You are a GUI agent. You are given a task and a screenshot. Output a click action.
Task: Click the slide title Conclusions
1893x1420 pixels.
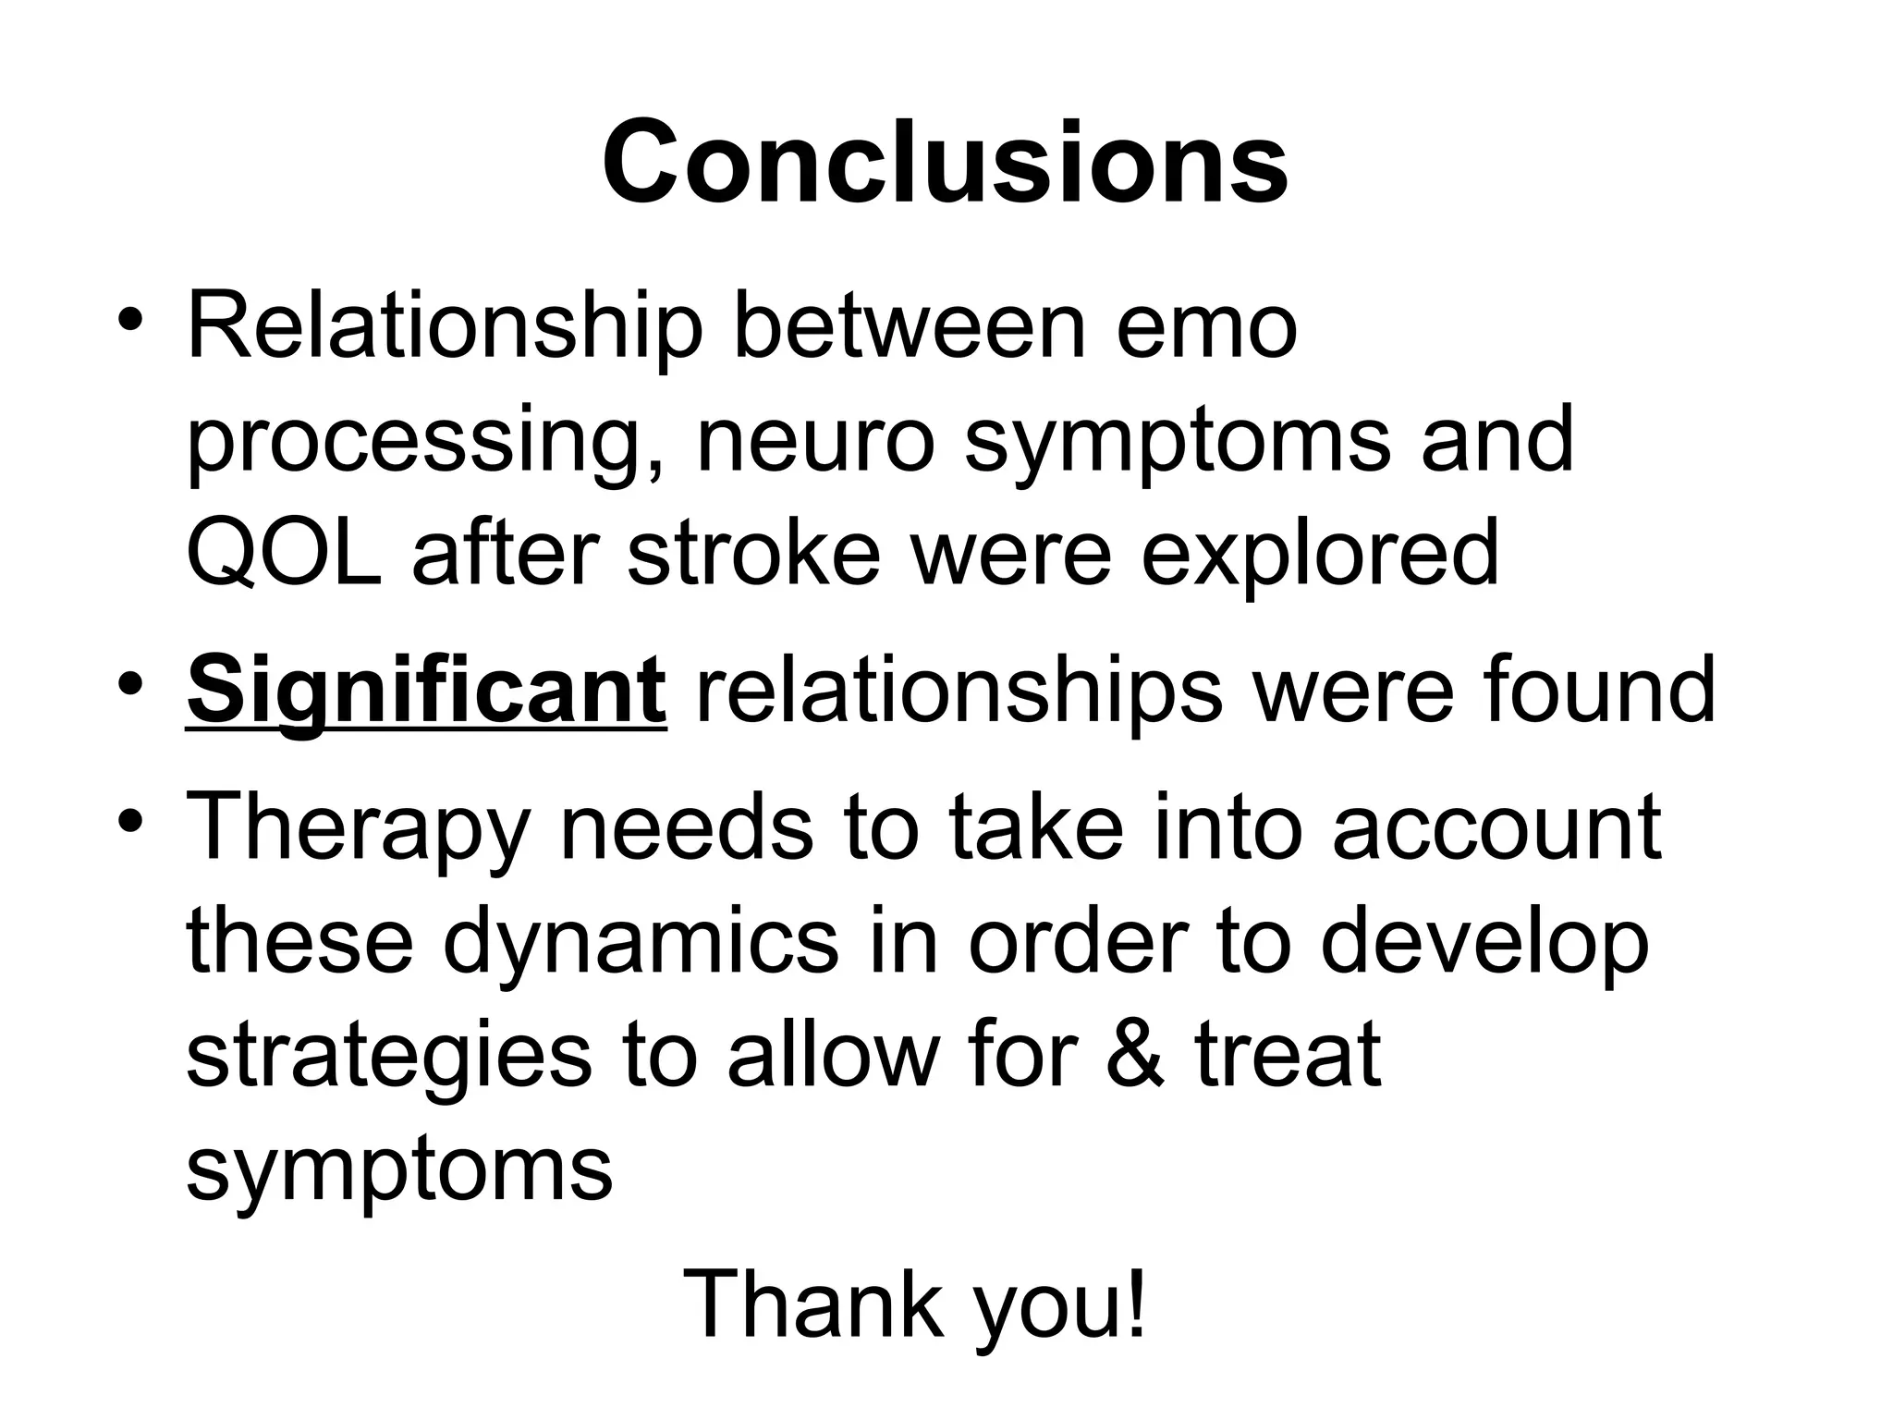(945, 163)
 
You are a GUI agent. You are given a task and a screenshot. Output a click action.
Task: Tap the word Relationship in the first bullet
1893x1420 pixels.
(445, 328)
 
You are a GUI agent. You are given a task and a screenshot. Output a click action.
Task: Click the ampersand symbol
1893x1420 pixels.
(1135, 1054)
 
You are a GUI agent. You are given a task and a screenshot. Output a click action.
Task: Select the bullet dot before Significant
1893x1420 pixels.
(130, 684)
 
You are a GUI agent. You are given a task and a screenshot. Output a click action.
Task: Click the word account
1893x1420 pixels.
(1496, 828)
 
